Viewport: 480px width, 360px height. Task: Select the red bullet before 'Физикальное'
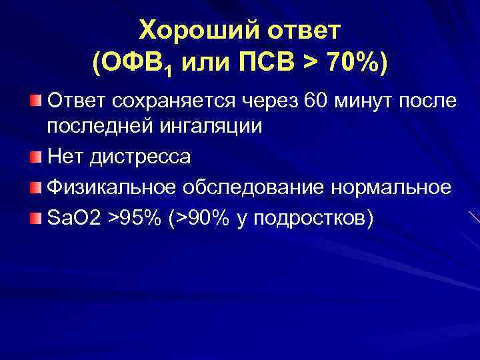[35, 187]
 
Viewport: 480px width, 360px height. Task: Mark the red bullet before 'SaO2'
[35, 217]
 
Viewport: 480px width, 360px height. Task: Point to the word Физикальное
[118, 188]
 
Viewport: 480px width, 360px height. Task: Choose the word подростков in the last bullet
[307, 219]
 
